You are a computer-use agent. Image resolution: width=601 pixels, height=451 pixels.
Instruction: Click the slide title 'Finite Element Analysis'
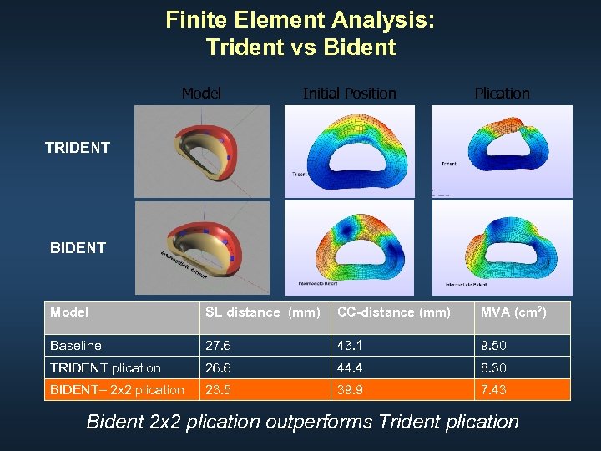click(x=300, y=20)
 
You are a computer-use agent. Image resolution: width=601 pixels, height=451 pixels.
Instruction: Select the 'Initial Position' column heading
click(x=349, y=93)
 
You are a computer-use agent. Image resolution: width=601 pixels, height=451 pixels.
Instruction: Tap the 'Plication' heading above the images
click(x=502, y=93)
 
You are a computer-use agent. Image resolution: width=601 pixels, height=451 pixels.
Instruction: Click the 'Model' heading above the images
click(x=201, y=93)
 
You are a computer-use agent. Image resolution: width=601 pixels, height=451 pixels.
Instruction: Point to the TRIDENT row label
click(x=78, y=148)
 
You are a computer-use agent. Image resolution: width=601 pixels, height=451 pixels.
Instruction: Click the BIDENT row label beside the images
click(x=78, y=248)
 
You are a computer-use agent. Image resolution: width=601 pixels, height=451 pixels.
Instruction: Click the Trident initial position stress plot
click(x=349, y=151)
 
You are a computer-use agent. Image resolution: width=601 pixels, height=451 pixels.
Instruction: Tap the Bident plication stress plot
click(x=502, y=248)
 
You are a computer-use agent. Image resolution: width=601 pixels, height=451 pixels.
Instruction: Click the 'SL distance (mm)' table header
click(x=263, y=312)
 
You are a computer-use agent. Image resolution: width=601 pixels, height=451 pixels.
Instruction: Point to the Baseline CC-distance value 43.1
click(x=351, y=346)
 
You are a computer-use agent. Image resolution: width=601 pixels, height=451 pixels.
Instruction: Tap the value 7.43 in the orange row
click(x=492, y=390)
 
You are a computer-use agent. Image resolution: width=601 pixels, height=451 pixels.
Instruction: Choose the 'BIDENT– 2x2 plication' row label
click(x=117, y=390)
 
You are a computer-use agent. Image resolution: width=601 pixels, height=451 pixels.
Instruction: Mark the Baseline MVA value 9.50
click(x=493, y=346)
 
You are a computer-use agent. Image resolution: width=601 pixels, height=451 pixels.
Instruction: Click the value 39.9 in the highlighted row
click(x=351, y=390)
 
